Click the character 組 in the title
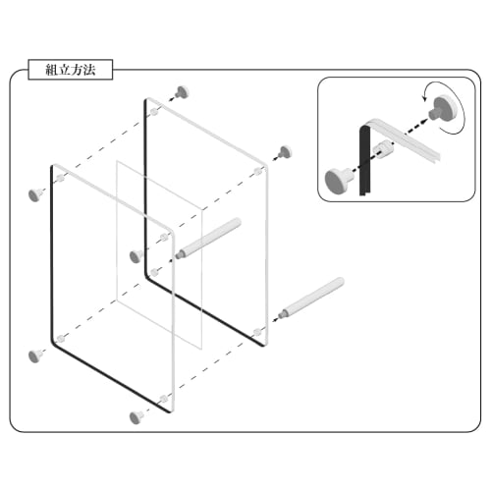(x=53, y=71)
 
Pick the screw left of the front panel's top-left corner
(x=36, y=193)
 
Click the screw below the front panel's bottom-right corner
(x=136, y=417)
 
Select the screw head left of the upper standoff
(x=136, y=256)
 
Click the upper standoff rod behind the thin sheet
(x=211, y=238)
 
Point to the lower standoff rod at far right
(x=314, y=299)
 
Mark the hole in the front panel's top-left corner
(x=61, y=179)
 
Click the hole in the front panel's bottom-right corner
(x=162, y=400)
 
